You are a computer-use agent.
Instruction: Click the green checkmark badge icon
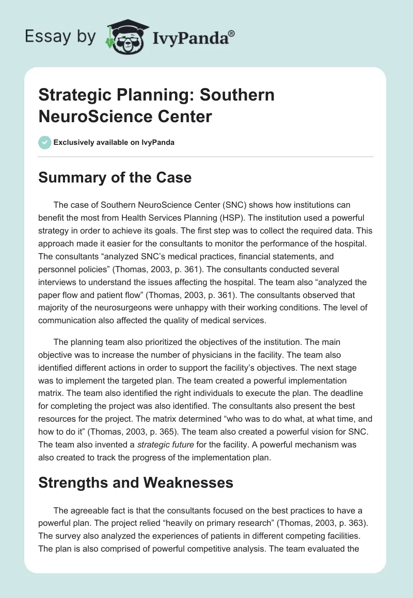pyautogui.click(x=45, y=142)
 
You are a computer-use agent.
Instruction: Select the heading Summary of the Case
pyautogui.click(x=115, y=178)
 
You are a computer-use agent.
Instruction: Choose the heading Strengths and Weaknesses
pyautogui.click(x=136, y=483)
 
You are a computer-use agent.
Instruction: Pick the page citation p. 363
pyautogui.click(x=339, y=522)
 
